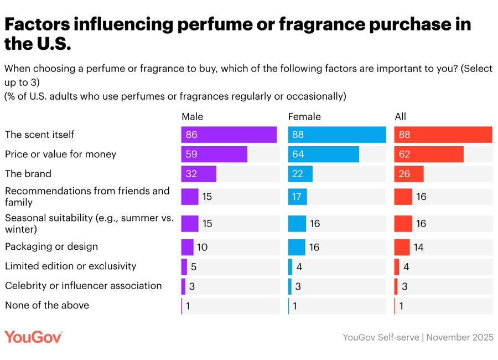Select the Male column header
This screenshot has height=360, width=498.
pyautogui.click(x=193, y=116)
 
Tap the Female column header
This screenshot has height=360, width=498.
pyautogui.click(x=304, y=116)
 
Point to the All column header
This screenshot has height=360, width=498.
pyautogui.click(x=401, y=116)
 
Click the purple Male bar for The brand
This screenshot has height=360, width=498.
pyautogui.click(x=199, y=174)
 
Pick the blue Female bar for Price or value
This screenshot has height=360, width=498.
pyautogui.click(x=323, y=154)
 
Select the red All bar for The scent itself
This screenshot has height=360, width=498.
pyautogui.click(x=443, y=135)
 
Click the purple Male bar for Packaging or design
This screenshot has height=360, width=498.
pyautogui.click(x=187, y=247)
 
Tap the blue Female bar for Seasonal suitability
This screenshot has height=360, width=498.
pyautogui.click(x=297, y=223)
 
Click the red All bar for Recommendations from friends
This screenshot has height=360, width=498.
pyautogui.click(x=403, y=197)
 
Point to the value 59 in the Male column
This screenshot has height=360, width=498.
pyautogui.click(x=192, y=154)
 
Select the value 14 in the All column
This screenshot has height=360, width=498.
pyautogui.click(x=418, y=247)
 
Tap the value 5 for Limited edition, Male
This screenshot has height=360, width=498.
pyautogui.click(x=194, y=266)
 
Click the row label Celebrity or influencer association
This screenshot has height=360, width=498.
pyautogui.click(x=83, y=286)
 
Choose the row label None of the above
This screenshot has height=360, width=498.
pyautogui.click(x=47, y=305)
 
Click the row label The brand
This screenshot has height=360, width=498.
pyautogui.click(x=28, y=174)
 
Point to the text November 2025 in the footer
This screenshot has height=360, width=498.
pyautogui.click(x=460, y=337)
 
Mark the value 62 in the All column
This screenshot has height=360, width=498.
pyautogui.click(x=405, y=154)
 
